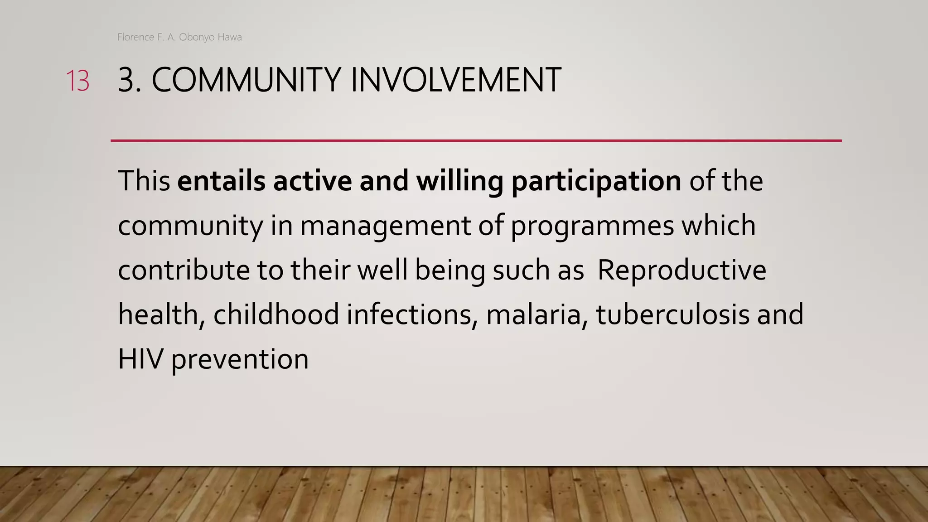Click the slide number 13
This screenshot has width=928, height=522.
(x=77, y=81)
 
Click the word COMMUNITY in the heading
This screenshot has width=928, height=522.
(x=246, y=80)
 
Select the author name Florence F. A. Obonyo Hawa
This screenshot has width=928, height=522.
(x=179, y=37)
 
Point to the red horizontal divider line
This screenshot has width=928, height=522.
(x=476, y=141)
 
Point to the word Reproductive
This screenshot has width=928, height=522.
(x=681, y=271)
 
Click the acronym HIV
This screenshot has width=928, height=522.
(x=140, y=359)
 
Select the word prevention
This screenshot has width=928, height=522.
(x=240, y=360)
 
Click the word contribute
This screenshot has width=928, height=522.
(x=184, y=270)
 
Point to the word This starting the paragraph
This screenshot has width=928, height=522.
(x=144, y=181)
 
